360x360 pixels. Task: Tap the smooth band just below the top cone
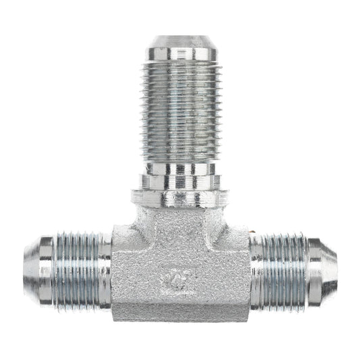click(x=180, y=53)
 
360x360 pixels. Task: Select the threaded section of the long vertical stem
click(x=180, y=108)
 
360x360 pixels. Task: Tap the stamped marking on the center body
click(x=179, y=278)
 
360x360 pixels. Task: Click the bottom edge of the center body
click(x=180, y=319)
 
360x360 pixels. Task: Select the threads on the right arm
click(x=279, y=270)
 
